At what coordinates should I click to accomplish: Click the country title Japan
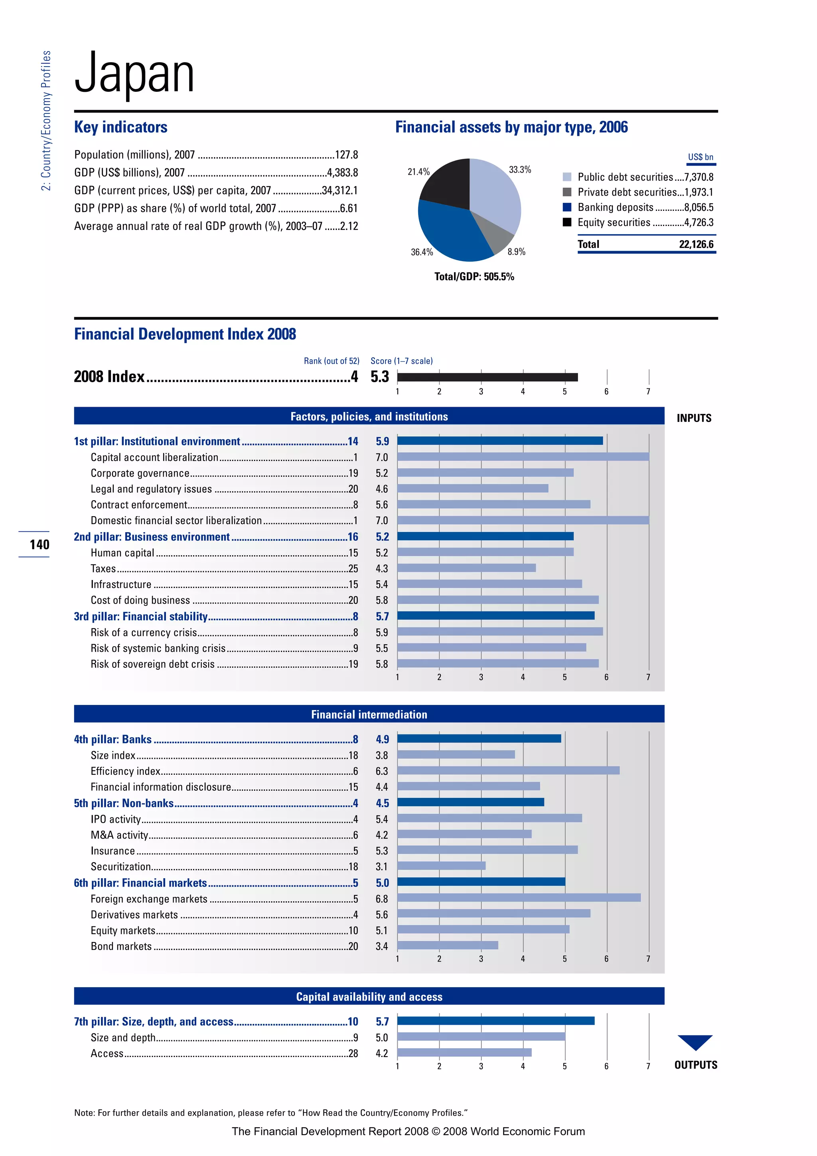(134, 75)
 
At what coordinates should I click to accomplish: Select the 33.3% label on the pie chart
(520, 170)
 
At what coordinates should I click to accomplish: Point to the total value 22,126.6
(696, 245)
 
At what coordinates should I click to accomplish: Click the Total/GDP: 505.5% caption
(474, 276)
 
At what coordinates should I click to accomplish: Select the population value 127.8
(347, 154)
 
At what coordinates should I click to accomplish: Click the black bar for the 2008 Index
(487, 377)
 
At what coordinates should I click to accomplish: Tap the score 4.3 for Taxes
(382, 568)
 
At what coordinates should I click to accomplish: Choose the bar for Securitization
(441, 866)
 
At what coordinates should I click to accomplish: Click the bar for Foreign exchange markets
(519, 898)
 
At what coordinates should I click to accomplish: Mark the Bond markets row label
(121, 946)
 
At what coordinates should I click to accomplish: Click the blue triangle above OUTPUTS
(695, 1041)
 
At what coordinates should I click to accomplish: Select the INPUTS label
(694, 418)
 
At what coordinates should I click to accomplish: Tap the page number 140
(39, 544)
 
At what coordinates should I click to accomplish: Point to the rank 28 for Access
(353, 1053)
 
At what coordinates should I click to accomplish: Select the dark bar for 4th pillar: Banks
(479, 738)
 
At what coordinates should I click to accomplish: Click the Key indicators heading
(121, 127)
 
